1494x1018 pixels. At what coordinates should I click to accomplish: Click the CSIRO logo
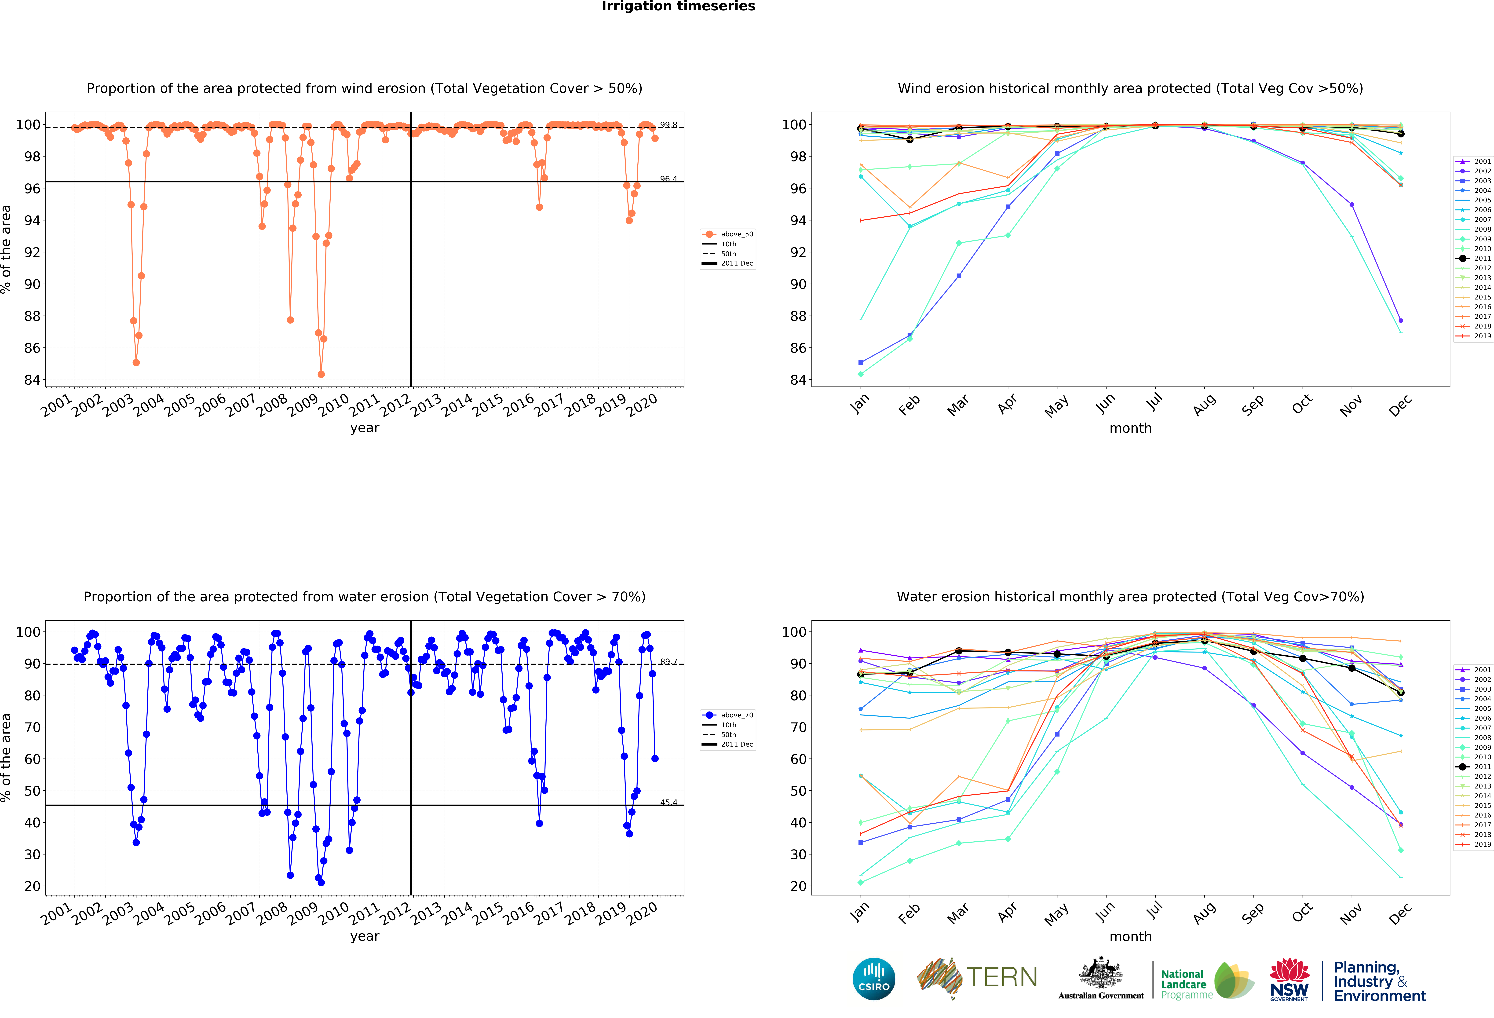coord(874,979)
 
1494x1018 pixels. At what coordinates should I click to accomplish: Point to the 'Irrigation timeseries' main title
coord(678,6)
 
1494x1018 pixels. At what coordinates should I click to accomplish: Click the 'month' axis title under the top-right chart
coord(1130,428)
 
